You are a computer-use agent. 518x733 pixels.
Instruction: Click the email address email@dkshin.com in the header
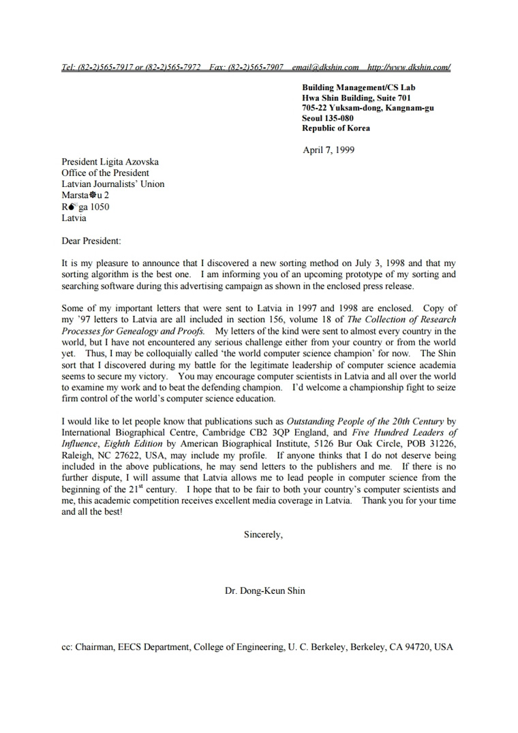tap(325, 67)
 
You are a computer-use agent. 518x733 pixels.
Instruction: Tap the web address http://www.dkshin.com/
tap(409, 67)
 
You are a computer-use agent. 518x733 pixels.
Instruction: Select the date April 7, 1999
tap(329, 150)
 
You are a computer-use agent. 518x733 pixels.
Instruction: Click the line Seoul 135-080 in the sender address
tap(328, 118)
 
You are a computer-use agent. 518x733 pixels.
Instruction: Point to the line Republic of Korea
tap(336, 128)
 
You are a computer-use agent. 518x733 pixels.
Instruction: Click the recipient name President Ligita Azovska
tap(110, 162)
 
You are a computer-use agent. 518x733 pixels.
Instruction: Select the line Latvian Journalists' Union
tap(112, 184)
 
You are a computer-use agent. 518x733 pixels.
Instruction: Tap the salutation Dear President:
tap(91, 241)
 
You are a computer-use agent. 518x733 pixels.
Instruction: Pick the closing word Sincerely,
tap(263, 535)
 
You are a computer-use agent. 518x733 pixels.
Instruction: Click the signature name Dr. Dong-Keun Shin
tap(265, 591)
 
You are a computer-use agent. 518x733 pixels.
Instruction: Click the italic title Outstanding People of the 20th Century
tap(365, 422)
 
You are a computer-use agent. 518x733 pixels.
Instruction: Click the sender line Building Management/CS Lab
tap(359, 87)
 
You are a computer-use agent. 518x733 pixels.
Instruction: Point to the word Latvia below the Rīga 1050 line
tap(74, 218)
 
